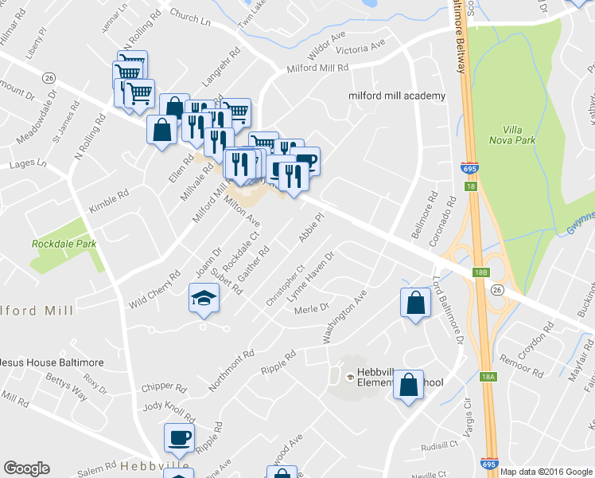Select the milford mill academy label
(396, 96)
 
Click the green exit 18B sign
(480, 272)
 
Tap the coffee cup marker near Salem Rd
(179, 437)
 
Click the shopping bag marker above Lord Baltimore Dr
(415, 303)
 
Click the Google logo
(26, 468)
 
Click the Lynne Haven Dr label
(311, 278)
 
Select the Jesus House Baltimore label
(51, 362)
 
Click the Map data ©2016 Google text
(546, 471)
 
